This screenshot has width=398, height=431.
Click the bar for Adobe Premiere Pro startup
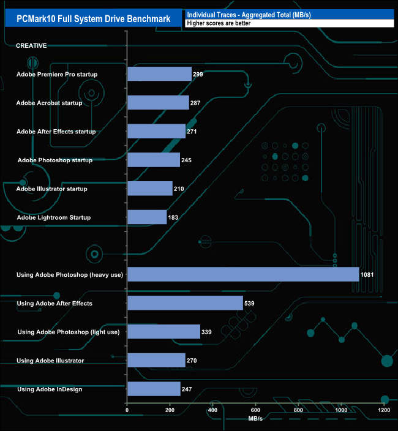[159, 74]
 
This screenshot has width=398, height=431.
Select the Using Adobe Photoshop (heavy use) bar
[243, 274]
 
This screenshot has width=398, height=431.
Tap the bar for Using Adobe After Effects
[185, 303]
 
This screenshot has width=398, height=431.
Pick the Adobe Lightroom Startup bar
[147, 217]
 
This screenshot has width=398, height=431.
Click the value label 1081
[367, 275]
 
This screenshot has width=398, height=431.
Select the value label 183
[174, 217]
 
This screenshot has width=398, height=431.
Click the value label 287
[195, 103]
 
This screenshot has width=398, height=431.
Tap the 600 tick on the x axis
[255, 410]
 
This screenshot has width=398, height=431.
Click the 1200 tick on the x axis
[384, 410]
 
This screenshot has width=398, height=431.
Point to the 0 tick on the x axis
[127, 410]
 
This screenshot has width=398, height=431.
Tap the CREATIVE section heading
[31, 46]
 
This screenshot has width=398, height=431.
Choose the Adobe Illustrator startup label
[52, 189]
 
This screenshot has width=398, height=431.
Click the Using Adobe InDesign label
[50, 389]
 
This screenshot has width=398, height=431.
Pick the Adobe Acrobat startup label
[49, 103]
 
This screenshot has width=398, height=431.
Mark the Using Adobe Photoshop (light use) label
[69, 332]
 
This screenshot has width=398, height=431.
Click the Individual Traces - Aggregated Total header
[249, 14]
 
